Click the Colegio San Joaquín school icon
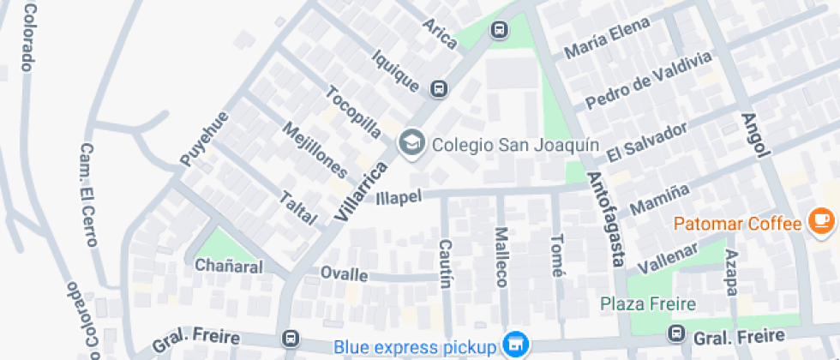pos(412,143)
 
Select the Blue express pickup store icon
pos(514,345)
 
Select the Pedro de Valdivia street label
pos(648,81)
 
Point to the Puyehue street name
pos(205,139)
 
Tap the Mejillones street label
pos(315,151)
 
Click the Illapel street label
pos(399,197)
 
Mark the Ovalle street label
pos(344,274)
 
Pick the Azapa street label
pos(731,273)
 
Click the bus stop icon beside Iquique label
pos(439,87)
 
